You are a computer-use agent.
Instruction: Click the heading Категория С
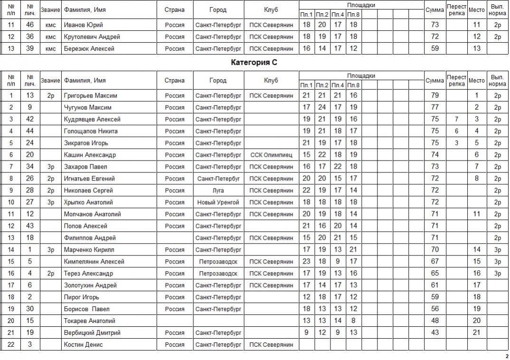[x=254, y=62]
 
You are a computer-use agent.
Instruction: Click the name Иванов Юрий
[x=83, y=25]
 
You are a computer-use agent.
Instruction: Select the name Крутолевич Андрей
[x=92, y=37]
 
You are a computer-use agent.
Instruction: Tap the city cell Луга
[x=218, y=190]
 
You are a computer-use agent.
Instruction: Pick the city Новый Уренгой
[x=218, y=202]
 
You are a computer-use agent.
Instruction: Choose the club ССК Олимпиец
[x=271, y=155]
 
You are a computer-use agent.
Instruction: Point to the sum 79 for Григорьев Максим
[x=434, y=95]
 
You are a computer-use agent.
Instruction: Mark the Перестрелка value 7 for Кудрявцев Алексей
[x=456, y=119]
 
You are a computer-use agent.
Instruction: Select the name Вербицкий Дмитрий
[x=92, y=333]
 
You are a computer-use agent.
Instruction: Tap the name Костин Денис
[x=83, y=345]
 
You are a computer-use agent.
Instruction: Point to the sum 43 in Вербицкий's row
[x=434, y=333]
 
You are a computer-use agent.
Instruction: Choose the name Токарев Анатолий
[x=89, y=321]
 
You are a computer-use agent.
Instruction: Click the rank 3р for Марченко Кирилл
[x=50, y=250]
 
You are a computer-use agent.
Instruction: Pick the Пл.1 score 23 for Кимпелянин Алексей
[x=306, y=262]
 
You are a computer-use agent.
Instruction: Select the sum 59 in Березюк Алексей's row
[x=434, y=48]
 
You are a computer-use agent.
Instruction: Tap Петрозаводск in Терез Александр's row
[x=218, y=274]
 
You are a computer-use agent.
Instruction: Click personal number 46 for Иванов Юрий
[x=30, y=25]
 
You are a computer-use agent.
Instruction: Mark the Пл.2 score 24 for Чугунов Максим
[x=322, y=107]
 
